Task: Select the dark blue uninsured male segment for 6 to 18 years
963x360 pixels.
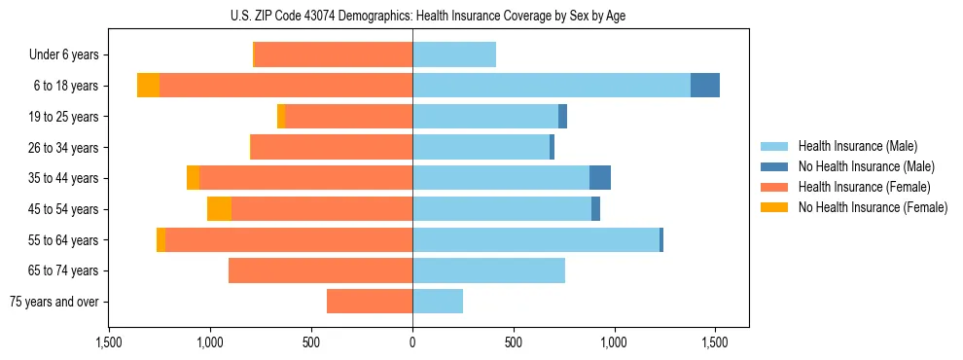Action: pyautogui.click(x=705, y=86)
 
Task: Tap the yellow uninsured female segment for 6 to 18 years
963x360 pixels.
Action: pyautogui.click(x=148, y=86)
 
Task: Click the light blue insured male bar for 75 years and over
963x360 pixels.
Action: pyautogui.click(x=438, y=302)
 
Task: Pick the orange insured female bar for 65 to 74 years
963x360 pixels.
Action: pyautogui.click(x=320, y=270)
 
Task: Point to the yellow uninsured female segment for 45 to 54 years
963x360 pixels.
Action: pyautogui.click(x=219, y=209)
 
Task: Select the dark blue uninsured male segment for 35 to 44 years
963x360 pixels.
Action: pyautogui.click(x=600, y=178)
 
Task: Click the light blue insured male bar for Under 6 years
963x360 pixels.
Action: pyautogui.click(x=454, y=54)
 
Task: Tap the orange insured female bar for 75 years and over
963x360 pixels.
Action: pyautogui.click(x=370, y=302)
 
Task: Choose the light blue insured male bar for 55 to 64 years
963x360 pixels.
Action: pyautogui.click(x=536, y=239)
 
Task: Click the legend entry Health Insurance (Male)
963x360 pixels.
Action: pyautogui.click(x=857, y=146)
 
